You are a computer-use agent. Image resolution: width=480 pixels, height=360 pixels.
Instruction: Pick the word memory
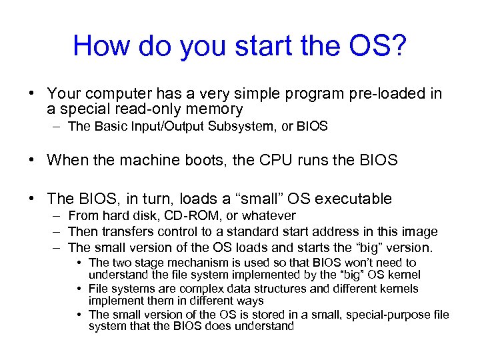coord(215,109)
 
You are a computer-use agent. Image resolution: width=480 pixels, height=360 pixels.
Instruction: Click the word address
coord(339,231)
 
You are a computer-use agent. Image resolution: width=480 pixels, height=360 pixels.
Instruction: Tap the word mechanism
coord(193,263)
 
